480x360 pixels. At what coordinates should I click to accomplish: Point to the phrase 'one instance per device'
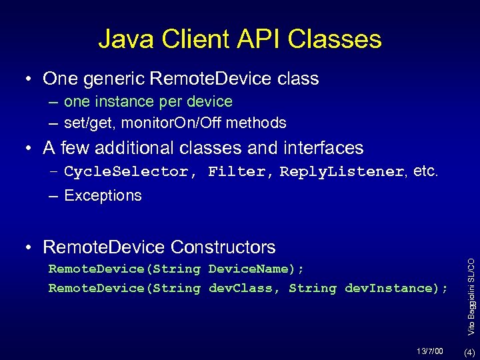tap(148, 102)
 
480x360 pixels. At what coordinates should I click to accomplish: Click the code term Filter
tap(235, 172)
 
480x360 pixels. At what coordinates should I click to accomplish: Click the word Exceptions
tap(103, 196)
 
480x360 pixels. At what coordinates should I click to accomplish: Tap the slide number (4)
tap(469, 351)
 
